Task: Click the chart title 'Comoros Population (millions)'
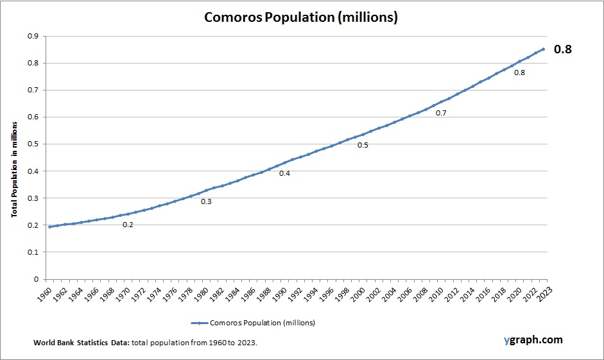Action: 301,17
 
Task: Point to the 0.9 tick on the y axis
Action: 31,37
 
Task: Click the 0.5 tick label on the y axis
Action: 31,144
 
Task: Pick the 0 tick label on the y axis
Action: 35,279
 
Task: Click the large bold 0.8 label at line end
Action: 563,49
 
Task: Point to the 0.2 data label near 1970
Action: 128,225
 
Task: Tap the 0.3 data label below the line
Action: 206,201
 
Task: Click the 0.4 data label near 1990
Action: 284,174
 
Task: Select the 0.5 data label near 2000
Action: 363,145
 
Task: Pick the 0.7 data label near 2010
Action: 441,113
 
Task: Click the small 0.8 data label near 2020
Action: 519,73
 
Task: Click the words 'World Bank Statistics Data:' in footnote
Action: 82,343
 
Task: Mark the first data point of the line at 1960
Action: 49,227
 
